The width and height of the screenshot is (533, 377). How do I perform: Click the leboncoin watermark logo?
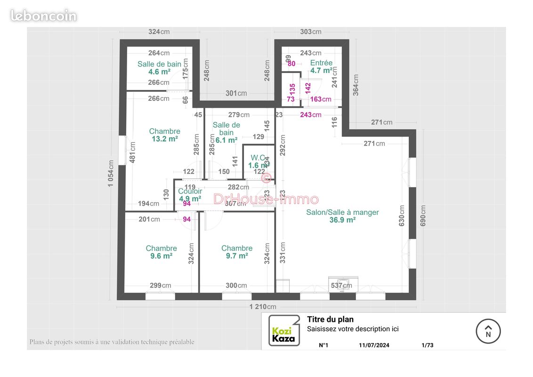(43, 16)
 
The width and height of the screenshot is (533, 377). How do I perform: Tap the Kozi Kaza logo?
(284, 330)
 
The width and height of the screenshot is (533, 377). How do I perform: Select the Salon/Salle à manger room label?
(342, 213)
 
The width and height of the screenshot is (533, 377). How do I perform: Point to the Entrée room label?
(321, 63)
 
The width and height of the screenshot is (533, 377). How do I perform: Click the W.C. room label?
(258, 157)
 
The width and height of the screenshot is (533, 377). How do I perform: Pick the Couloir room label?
(190, 191)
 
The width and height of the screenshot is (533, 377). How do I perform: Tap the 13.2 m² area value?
(164, 139)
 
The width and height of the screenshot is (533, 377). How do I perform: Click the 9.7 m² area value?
(236, 256)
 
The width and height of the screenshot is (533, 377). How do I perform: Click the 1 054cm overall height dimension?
(111, 173)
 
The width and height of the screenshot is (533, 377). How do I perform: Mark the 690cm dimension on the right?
(423, 215)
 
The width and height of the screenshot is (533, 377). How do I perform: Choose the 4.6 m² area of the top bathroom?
(159, 72)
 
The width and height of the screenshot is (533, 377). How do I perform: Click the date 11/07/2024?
(374, 345)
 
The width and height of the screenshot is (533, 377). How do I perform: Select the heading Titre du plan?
(330, 320)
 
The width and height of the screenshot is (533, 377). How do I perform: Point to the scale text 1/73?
(427, 345)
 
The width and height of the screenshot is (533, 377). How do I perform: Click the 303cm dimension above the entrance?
(311, 32)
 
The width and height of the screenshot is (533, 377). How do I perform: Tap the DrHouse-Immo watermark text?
(266, 199)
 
